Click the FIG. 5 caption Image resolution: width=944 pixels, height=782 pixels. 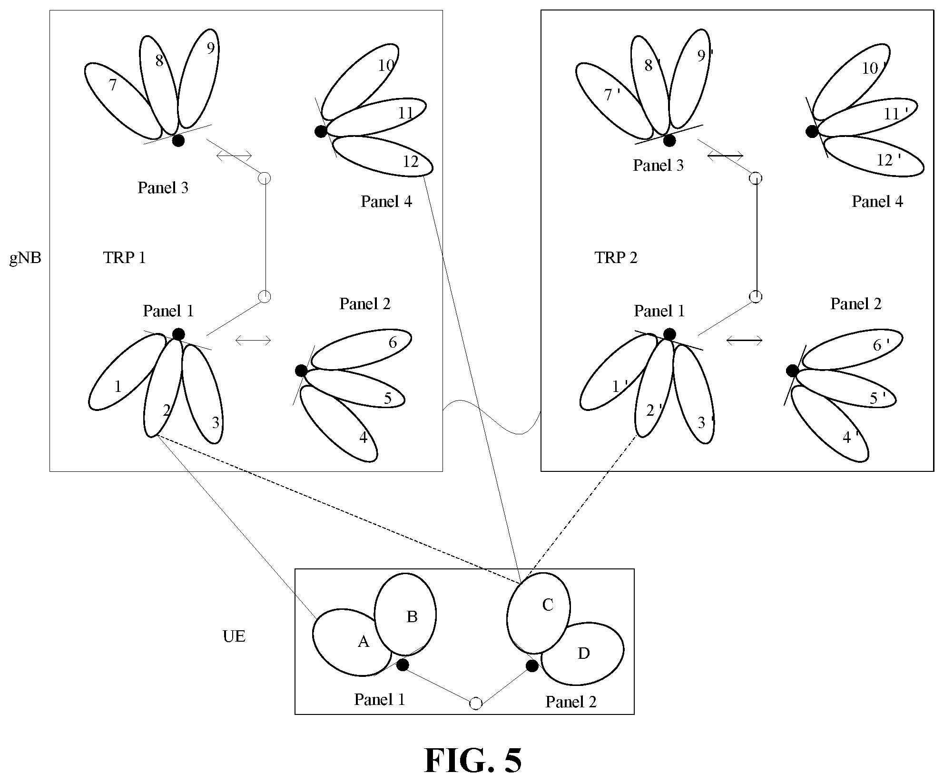point(472,760)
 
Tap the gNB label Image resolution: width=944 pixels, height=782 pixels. point(25,258)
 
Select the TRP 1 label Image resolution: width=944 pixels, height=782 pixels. point(124,257)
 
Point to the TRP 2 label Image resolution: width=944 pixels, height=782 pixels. point(616,257)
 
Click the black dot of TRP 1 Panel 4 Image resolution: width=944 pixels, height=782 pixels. point(321,131)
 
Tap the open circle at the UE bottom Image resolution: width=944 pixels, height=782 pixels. point(476,704)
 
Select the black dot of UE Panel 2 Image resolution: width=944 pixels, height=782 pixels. point(532,666)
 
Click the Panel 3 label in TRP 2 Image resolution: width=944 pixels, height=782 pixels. point(658,165)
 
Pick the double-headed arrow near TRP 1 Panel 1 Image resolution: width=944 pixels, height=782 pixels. point(253,340)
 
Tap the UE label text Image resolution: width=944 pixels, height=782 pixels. point(234,636)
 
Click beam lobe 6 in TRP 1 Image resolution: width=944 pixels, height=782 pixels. point(361,350)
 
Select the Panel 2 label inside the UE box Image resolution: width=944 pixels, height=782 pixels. point(571,702)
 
